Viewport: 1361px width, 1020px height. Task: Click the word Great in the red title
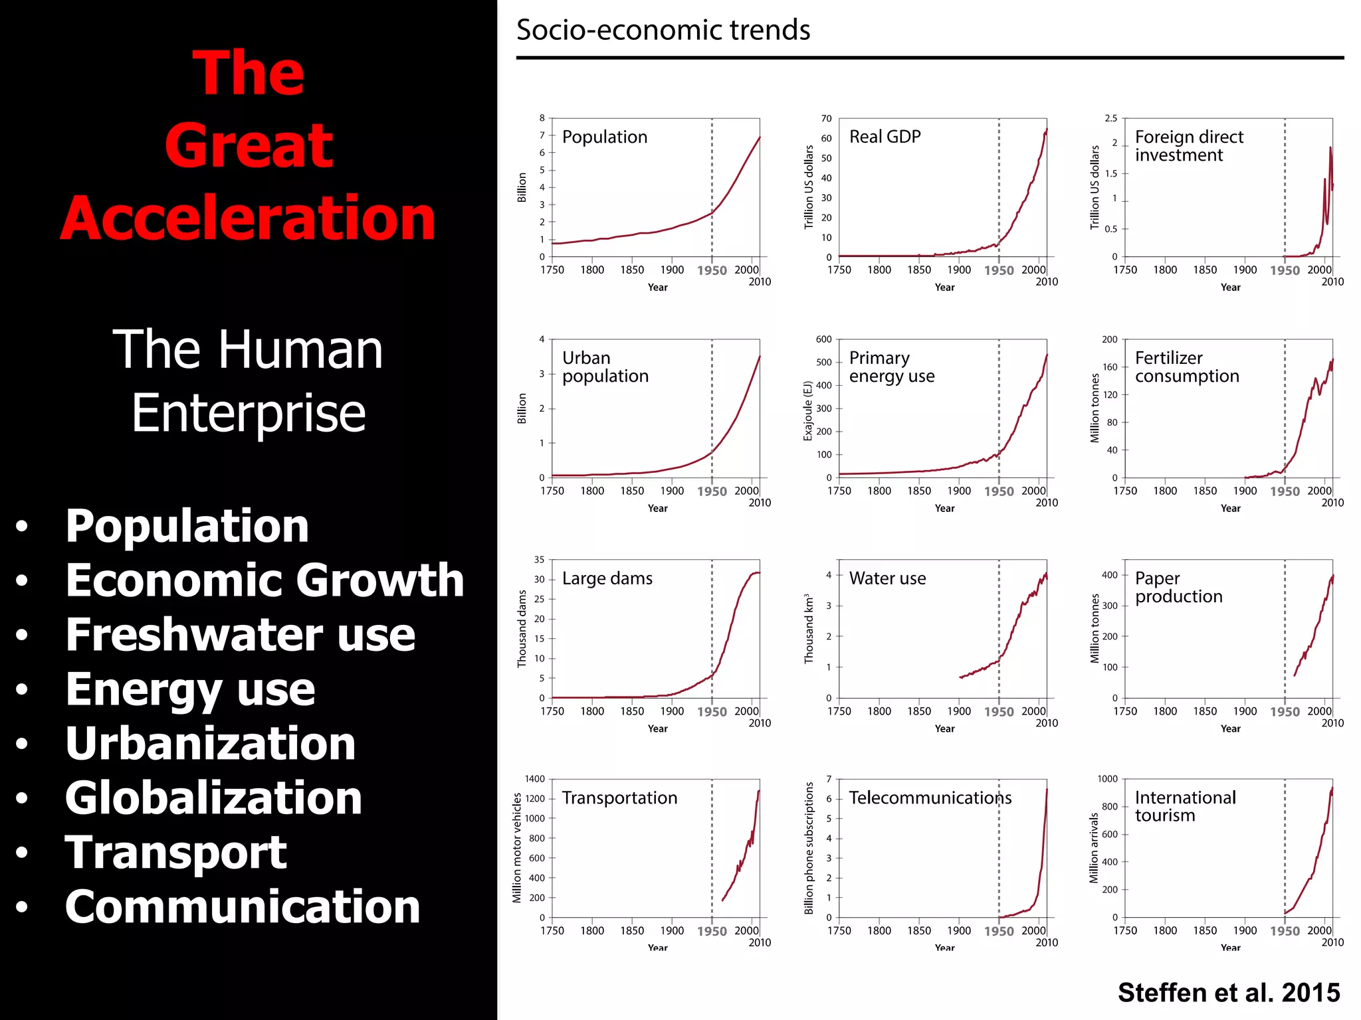pyautogui.click(x=249, y=146)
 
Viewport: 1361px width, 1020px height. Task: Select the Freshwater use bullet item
pyautogui.click(x=240, y=635)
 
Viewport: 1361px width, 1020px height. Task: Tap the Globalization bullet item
pyautogui.click(x=213, y=798)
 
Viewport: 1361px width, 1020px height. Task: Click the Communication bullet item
pyautogui.click(x=243, y=907)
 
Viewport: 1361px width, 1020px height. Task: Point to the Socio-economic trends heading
pyautogui.click(x=663, y=31)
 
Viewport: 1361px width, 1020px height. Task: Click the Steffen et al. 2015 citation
pyautogui.click(x=1228, y=993)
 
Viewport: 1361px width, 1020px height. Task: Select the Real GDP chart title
pyautogui.click(x=885, y=137)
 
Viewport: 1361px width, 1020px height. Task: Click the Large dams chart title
pyautogui.click(x=607, y=578)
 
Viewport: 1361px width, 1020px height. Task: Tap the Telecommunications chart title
pyautogui.click(x=930, y=798)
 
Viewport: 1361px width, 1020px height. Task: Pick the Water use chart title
pyautogui.click(x=887, y=578)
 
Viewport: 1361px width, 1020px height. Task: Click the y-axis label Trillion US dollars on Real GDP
pyautogui.click(x=809, y=187)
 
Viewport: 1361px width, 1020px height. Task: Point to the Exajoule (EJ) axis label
pyautogui.click(x=808, y=410)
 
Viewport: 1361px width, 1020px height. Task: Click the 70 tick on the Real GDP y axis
pyautogui.click(x=826, y=119)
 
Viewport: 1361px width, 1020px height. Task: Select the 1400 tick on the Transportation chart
pyautogui.click(x=534, y=779)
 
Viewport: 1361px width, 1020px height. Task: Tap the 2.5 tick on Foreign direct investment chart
pyautogui.click(x=1110, y=119)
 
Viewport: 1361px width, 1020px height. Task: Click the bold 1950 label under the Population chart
pyautogui.click(x=712, y=271)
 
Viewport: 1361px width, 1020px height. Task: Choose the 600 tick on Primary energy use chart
pyautogui.click(x=823, y=339)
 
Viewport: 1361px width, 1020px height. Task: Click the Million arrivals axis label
pyautogui.click(x=1094, y=848)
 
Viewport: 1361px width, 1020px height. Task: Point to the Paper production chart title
pyautogui.click(x=1178, y=588)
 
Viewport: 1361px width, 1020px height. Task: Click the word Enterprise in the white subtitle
pyautogui.click(x=249, y=413)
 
